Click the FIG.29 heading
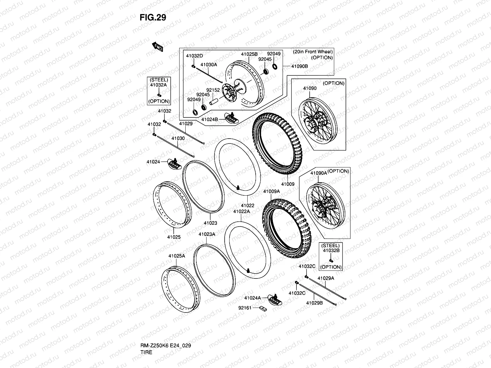[153, 17]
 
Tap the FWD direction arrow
[158, 47]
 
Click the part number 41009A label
[271, 191]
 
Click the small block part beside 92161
[262, 307]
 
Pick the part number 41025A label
[176, 256]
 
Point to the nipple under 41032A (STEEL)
[159, 94]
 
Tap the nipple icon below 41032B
[331, 260]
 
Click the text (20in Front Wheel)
[313, 52]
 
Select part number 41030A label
[209, 65]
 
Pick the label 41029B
[314, 303]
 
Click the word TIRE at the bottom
[146, 335]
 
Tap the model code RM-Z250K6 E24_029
[166, 328]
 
